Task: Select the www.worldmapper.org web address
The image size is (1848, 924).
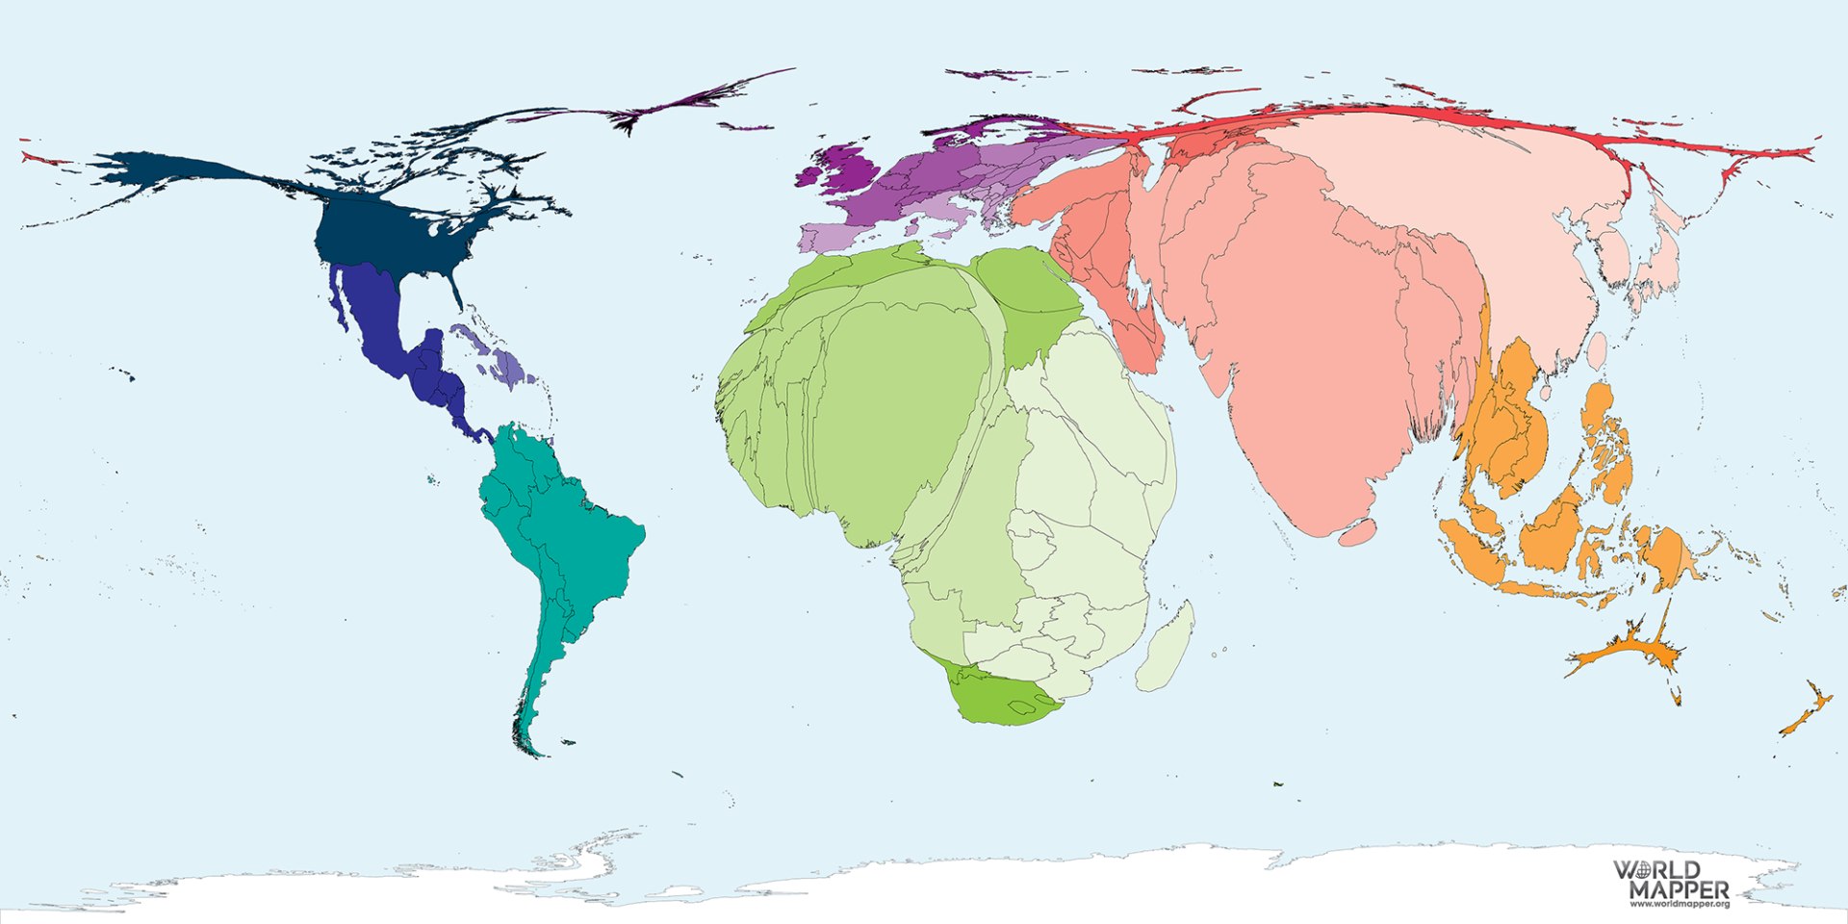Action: pos(1679,904)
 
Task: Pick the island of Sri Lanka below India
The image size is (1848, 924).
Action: pos(1357,532)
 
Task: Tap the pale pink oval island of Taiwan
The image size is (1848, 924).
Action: pos(1598,351)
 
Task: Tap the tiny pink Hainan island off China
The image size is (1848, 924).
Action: pos(1545,393)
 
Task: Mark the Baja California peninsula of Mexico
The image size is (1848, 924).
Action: pos(336,298)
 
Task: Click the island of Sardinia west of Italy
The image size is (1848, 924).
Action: pos(911,228)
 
